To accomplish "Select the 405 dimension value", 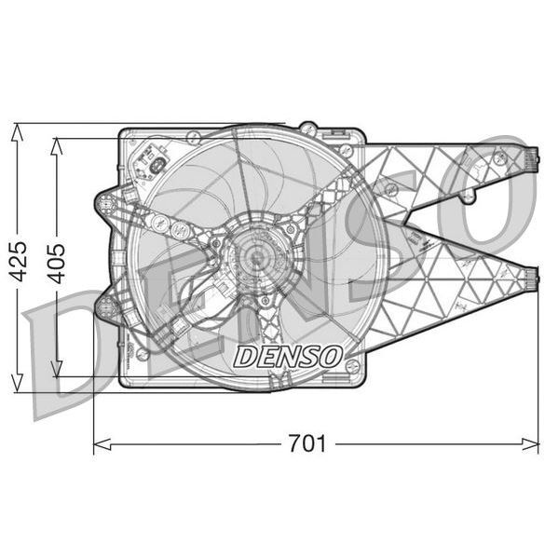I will (x=57, y=264).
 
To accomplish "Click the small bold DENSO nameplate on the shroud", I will (x=288, y=356).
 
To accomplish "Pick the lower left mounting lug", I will (x=106, y=306).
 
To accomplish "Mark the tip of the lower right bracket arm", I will (x=532, y=277).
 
